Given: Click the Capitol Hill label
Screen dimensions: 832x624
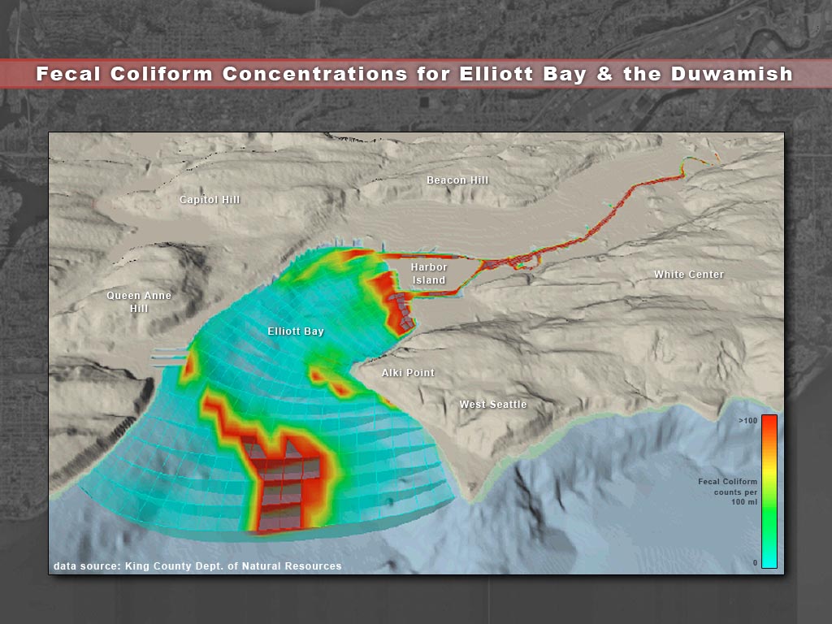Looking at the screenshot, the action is pos(210,200).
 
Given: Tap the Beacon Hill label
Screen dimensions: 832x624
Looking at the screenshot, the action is pos(457,180).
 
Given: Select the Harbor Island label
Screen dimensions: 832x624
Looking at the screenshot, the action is pos(429,273).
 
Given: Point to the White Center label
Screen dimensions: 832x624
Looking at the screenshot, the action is pos(689,275).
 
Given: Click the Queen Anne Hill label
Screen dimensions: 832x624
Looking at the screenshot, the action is pos(139,302).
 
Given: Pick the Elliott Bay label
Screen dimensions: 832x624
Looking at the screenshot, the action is pos(296,331).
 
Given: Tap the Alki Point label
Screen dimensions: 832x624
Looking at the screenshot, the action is pos(408,372).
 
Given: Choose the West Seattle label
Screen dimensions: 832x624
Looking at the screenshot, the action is pos(493,405).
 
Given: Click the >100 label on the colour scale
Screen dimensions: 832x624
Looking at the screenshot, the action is pos(747,421).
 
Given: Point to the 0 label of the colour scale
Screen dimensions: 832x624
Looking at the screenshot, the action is pos(755,563).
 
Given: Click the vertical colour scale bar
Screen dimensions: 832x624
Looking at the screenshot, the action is pos(769,492).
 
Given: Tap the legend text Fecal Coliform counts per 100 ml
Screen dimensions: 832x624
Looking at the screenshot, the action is pos(727,492).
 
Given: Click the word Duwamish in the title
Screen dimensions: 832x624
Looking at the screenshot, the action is pos(732,73).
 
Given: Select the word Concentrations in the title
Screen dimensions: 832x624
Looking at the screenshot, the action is pos(314,73).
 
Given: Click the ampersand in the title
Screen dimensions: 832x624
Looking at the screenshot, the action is pos(604,73).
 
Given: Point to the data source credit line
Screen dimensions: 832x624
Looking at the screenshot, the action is pos(197,566).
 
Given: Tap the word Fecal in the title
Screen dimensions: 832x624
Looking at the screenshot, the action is pos(68,73).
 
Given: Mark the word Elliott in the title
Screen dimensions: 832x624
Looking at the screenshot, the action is pos(496,73).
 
